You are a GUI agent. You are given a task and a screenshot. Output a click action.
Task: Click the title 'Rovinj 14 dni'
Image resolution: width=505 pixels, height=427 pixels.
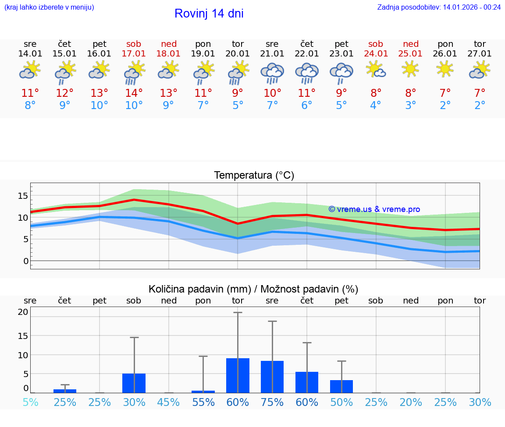[209, 14]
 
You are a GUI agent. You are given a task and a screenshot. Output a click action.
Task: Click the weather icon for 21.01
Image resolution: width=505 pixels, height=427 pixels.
[272, 74]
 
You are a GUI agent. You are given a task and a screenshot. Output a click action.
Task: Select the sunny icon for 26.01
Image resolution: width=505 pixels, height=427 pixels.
[445, 69]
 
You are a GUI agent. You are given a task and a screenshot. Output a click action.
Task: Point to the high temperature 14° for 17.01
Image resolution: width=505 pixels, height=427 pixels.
[134, 93]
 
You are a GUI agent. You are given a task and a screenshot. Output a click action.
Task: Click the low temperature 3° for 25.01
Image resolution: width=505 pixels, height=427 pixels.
[411, 106]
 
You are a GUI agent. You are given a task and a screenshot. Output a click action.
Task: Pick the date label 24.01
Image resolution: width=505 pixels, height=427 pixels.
[376, 53]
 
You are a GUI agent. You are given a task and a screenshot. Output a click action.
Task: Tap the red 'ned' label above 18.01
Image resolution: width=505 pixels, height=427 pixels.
[168, 44]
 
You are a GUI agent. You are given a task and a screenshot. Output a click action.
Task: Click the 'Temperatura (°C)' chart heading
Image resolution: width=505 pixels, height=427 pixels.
[254, 175]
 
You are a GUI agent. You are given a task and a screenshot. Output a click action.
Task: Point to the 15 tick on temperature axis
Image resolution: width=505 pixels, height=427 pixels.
[23, 195]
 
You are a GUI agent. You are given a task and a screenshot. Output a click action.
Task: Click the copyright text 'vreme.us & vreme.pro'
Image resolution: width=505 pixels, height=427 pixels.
[374, 209]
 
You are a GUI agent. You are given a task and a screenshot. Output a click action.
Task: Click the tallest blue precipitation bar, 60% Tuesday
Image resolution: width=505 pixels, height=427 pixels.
[238, 375]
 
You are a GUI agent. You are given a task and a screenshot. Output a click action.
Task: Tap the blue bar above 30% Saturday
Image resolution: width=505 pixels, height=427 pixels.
[134, 383]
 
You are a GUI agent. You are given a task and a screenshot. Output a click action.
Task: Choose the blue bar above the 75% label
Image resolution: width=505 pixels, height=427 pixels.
[272, 377]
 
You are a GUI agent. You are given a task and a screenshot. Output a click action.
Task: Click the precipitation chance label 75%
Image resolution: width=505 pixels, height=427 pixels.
[272, 402]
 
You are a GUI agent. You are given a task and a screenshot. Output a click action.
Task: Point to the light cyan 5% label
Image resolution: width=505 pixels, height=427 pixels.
[30, 402]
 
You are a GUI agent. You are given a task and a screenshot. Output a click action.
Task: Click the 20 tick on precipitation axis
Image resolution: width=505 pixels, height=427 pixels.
[23, 312]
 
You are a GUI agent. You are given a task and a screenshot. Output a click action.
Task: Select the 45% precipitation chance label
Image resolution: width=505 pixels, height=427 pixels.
[168, 402]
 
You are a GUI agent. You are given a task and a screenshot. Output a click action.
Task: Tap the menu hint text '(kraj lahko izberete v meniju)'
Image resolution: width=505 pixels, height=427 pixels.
[49, 7]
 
